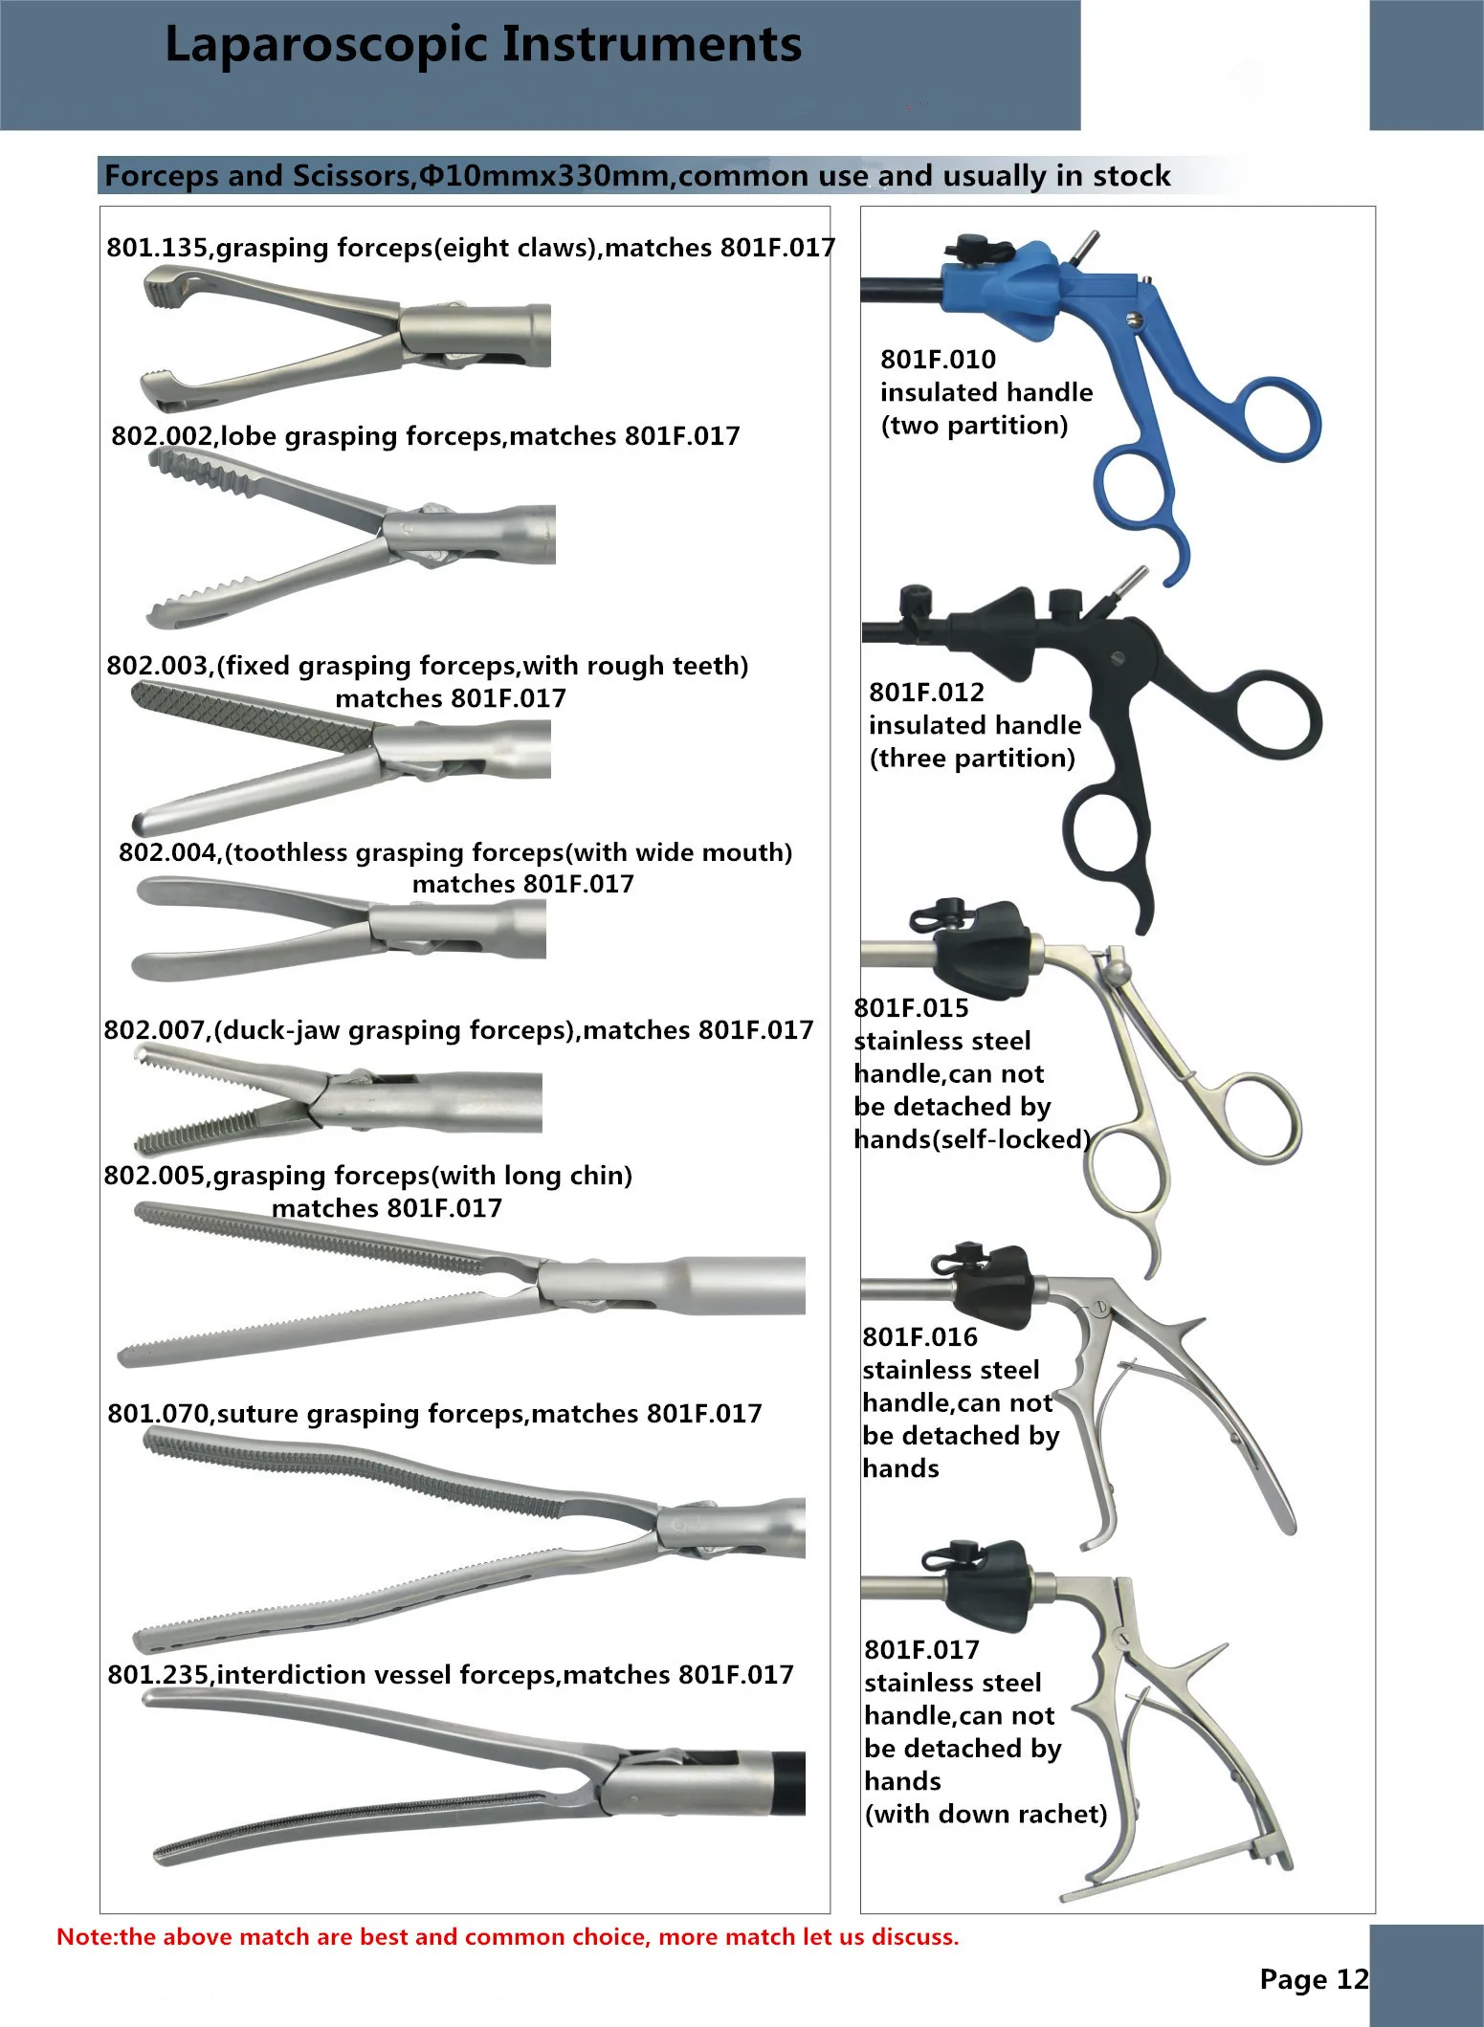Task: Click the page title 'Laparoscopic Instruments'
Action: [x=483, y=46]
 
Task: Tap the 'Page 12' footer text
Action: [x=1314, y=1978]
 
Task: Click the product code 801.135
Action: [x=157, y=248]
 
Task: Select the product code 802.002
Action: [x=162, y=436]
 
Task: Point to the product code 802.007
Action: [x=154, y=1030]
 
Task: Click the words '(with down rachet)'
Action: [x=986, y=1814]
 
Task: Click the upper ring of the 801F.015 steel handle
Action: [x=1258, y=1119]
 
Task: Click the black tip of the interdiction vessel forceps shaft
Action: [x=789, y=1784]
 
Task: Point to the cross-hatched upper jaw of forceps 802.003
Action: [x=249, y=716]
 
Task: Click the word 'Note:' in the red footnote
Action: [x=87, y=1937]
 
